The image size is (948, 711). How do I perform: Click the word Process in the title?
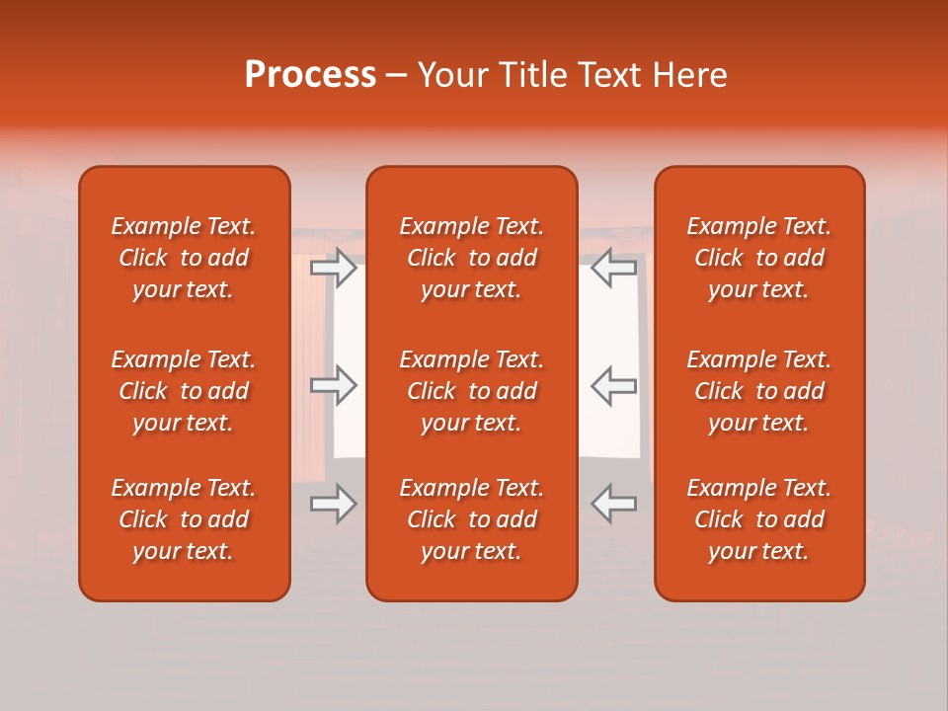[310, 75]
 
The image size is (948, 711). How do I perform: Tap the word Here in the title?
[689, 75]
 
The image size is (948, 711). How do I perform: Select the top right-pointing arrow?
[334, 268]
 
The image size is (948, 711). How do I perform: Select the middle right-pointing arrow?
[334, 385]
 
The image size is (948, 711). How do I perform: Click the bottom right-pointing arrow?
[334, 504]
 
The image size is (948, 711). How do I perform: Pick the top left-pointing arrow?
[614, 268]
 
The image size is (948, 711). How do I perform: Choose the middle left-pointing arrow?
[614, 385]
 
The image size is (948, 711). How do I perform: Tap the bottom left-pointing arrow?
[614, 504]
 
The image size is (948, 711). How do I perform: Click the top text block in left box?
[184, 258]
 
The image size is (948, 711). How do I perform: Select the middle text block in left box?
[184, 391]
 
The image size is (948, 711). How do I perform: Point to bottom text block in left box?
[184, 519]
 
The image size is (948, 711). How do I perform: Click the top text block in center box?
[471, 258]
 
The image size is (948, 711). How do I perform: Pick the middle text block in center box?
[471, 391]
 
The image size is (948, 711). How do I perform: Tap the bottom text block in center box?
[471, 519]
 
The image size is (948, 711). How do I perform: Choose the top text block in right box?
[758, 258]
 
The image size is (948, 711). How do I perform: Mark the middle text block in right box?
[758, 391]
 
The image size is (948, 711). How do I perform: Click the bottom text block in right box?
[758, 519]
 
